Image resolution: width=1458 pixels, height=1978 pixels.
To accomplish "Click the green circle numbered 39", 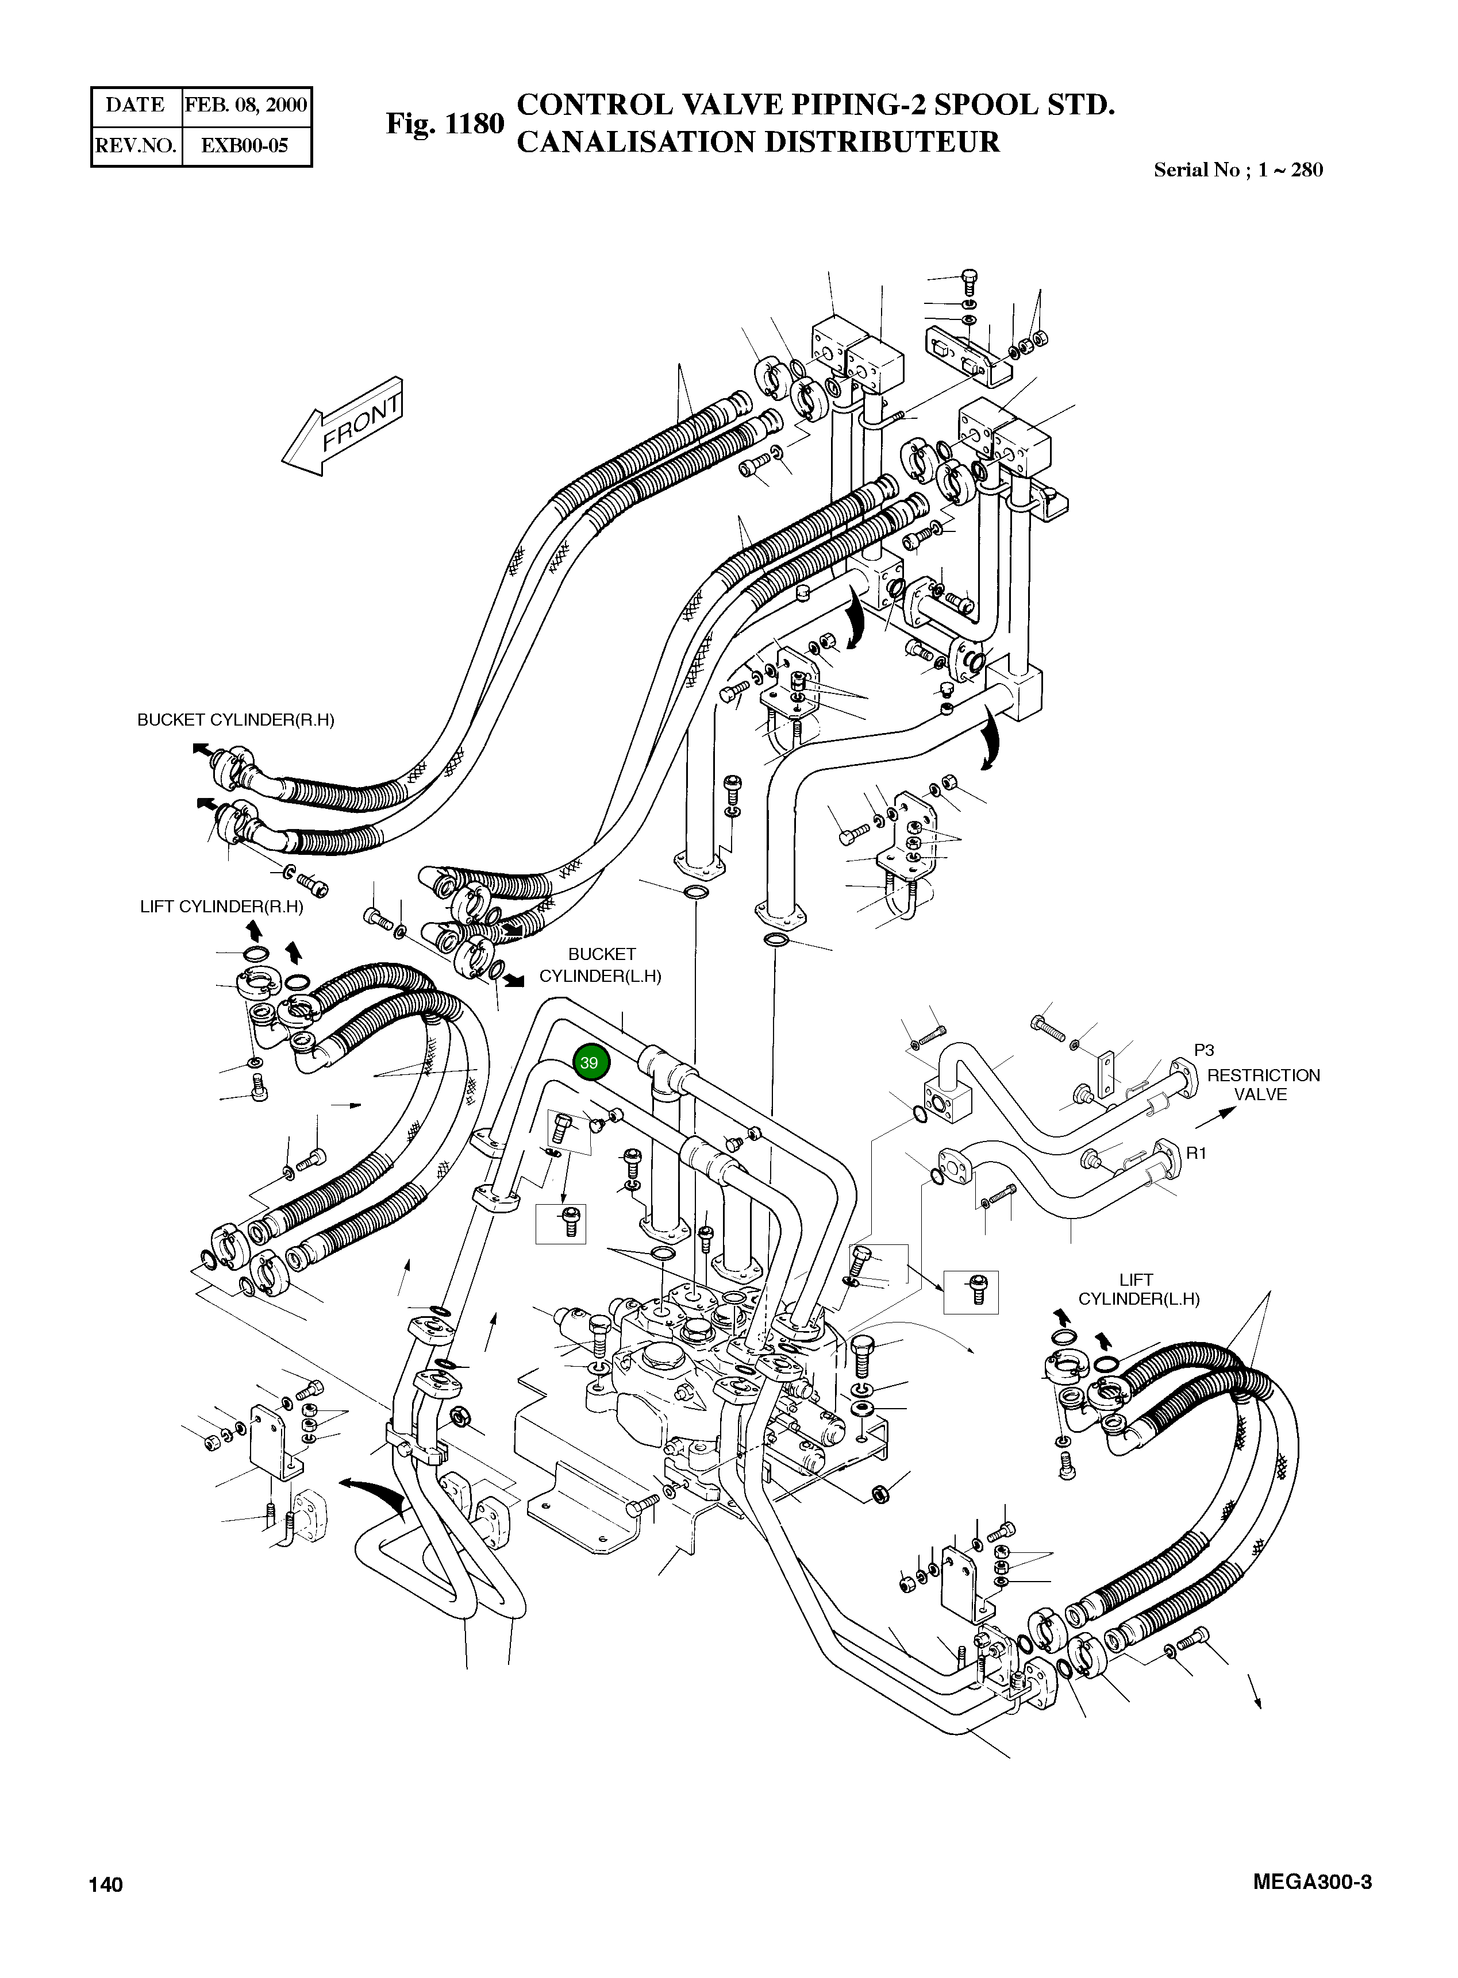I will coord(588,1062).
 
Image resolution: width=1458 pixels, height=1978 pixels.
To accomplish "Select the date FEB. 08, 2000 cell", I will coord(245,106).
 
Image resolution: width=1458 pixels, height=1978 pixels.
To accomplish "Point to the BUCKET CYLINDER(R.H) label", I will coord(236,720).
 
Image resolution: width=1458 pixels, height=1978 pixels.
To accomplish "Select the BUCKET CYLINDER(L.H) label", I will coord(601,965).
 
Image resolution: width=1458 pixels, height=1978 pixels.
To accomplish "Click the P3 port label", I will coord(1204,1050).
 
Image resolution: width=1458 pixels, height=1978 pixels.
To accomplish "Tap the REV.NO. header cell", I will coord(135,145).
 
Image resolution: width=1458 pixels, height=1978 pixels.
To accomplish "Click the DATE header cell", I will coord(135,106).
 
